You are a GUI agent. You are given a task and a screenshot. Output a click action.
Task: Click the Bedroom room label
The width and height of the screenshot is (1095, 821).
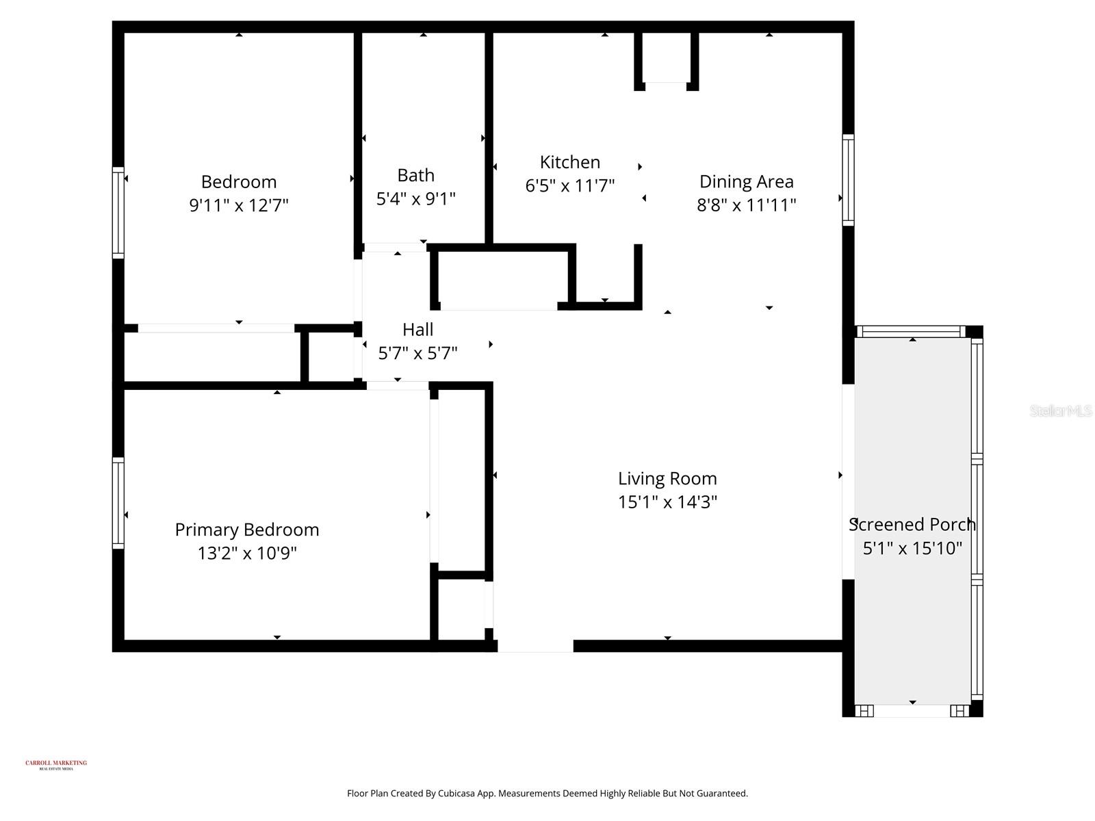point(238,182)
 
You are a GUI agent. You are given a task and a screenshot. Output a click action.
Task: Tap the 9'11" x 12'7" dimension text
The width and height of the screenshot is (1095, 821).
point(238,205)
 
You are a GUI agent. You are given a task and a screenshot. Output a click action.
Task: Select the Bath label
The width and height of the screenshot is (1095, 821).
point(415,176)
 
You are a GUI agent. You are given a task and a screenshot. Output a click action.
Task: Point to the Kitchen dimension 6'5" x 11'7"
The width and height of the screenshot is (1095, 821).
point(569,186)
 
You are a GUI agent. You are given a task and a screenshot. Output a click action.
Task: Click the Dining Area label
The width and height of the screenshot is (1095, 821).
point(746,182)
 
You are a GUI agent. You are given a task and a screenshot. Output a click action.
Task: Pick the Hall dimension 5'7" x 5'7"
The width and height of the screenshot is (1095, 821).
point(417,354)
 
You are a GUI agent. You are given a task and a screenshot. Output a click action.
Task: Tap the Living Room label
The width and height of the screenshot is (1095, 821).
point(667,479)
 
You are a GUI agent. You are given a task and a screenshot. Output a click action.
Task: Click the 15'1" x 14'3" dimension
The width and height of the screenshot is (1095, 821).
point(667,502)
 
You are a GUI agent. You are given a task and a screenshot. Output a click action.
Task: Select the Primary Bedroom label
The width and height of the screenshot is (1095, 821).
point(246,530)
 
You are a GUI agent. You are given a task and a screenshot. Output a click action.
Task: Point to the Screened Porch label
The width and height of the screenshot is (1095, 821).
point(912,525)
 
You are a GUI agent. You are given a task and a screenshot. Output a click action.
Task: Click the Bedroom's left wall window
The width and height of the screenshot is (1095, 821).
point(118,213)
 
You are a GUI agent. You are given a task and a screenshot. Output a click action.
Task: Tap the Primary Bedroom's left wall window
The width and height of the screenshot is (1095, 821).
point(118,503)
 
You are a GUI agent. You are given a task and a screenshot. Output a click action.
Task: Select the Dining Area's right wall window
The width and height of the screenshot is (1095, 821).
point(848,180)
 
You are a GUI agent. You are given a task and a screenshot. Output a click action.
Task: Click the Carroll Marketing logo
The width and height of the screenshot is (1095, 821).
point(56,764)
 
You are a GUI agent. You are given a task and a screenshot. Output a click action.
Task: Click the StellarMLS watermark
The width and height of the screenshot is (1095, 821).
point(1061,411)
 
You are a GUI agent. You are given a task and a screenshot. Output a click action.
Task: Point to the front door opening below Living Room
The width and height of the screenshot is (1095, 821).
point(534,646)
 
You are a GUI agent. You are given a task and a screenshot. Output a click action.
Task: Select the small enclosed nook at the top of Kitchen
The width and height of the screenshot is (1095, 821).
point(666,58)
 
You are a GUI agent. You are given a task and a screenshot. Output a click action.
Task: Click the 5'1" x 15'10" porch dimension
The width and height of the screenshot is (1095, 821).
point(912,549)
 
